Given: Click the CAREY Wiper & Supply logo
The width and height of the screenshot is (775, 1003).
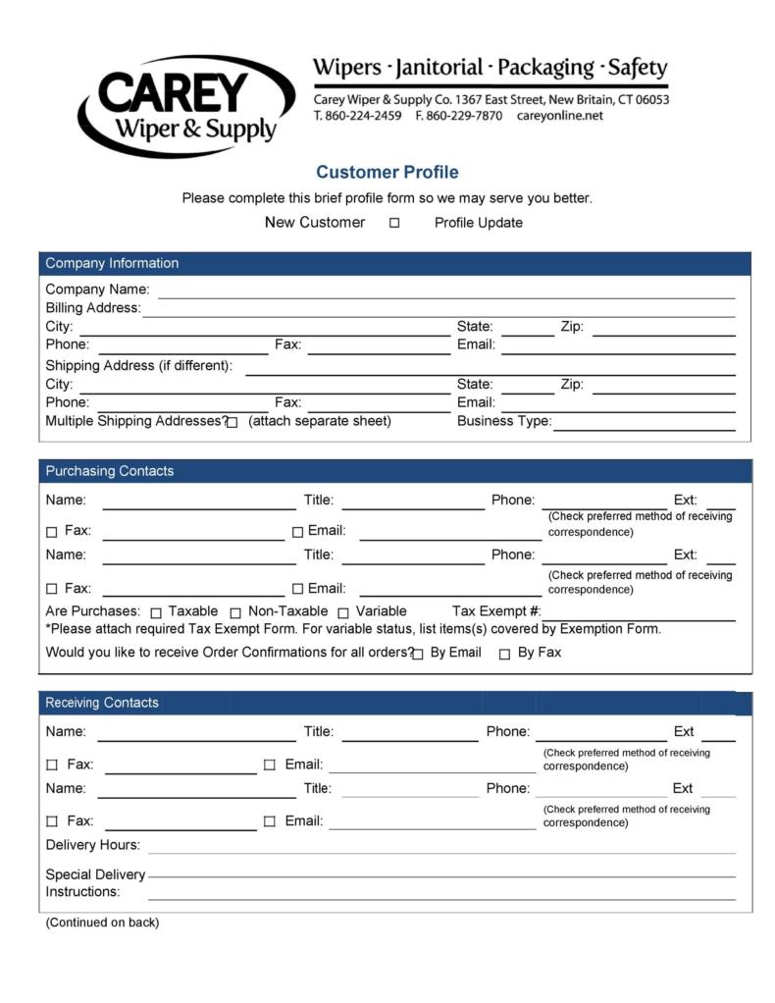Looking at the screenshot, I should [x=186, y=106].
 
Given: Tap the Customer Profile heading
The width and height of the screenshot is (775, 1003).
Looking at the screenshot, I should [x=387, y=173].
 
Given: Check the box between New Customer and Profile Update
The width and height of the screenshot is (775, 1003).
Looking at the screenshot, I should [x=394, y=223].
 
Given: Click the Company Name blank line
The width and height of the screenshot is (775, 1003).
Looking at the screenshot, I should [x=446, y=291].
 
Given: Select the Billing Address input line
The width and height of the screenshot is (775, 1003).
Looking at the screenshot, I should [x=439, y=310].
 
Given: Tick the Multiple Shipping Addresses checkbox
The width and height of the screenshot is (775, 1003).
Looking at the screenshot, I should [x=232, y=423].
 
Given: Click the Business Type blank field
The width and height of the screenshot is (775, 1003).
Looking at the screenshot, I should [x=644, y=424].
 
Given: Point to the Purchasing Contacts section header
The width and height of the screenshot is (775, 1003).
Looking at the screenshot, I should [x=110, y=471].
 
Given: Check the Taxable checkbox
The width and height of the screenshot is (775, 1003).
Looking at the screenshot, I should [x=156, y=612].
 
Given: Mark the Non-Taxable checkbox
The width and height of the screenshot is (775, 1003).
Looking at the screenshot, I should [x=235, y=612].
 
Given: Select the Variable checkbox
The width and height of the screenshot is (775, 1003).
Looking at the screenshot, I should [x=343, y=612].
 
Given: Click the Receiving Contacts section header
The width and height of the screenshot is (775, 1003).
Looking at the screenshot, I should [x=102, y=703].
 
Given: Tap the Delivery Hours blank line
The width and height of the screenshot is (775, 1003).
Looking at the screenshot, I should [x=440, y=848].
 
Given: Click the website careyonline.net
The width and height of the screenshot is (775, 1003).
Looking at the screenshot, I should [x=560, y=116].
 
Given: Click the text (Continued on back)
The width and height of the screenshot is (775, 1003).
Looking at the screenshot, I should [x=102, y=923].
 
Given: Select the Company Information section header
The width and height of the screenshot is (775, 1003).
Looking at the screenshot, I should [x=112, y=263].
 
